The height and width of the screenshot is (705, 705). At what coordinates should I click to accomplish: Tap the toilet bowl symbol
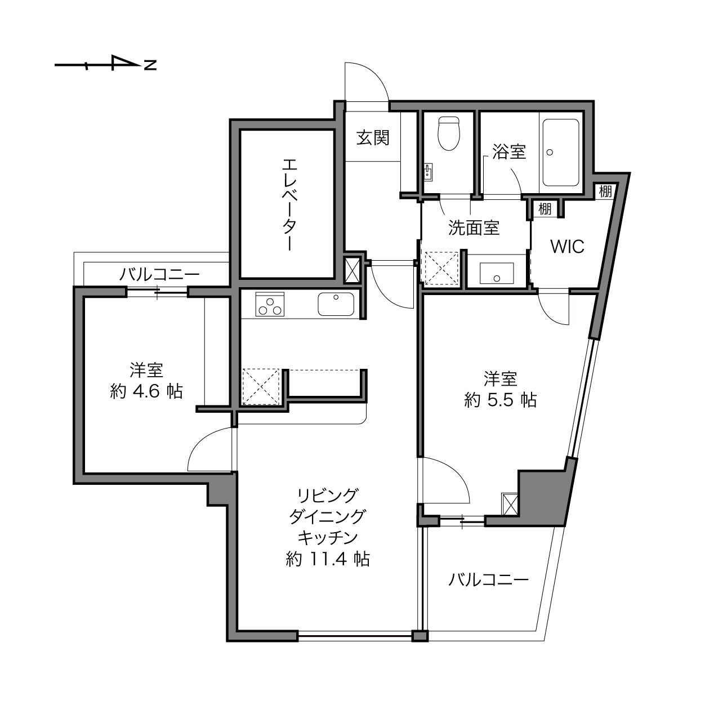449,133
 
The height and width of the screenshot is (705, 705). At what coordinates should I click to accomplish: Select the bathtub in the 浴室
561,153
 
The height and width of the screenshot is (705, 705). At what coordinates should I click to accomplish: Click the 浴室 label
509,151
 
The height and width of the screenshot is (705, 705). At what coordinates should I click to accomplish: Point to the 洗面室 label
474,227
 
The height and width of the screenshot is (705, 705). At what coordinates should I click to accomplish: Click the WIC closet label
567,247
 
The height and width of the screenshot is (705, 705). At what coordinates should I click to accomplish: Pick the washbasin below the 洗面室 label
497,273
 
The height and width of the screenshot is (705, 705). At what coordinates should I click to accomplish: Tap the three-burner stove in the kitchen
270,304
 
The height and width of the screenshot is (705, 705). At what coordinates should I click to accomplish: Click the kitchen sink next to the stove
336,304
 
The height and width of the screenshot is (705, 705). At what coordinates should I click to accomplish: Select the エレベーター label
289,205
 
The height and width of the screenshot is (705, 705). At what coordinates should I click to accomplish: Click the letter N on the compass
150,65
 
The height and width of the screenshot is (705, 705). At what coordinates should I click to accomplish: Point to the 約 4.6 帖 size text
146,392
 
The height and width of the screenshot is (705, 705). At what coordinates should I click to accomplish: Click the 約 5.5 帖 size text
501,400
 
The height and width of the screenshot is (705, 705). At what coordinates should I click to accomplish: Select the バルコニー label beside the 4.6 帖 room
159,274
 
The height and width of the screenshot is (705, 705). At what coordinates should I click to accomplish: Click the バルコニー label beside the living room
488,580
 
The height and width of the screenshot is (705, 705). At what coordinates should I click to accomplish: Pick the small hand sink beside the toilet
428,172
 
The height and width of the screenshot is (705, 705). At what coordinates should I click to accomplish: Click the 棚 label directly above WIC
545,209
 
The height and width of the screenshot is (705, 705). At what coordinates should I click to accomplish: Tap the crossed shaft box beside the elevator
352,270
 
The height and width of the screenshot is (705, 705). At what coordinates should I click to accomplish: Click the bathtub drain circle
550,152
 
